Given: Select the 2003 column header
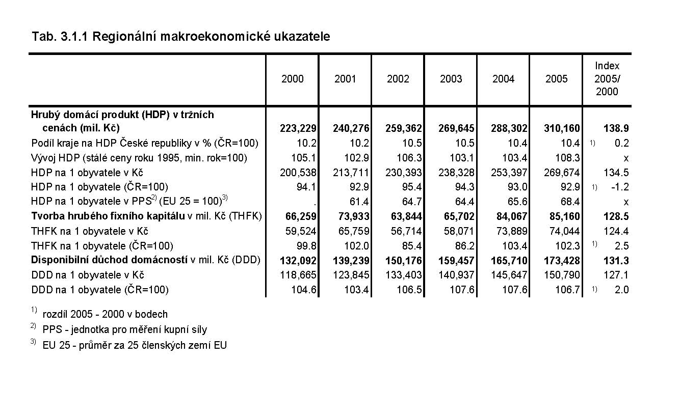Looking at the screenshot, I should tap(451, 79).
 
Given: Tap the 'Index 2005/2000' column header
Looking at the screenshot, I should tap(607, 79).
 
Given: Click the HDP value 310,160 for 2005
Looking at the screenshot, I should tap(562, 128).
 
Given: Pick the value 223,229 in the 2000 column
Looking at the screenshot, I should tap(298, 128).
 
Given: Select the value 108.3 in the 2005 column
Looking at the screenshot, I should tap(569, 158).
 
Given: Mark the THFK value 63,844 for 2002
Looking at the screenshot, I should tap(404, 216).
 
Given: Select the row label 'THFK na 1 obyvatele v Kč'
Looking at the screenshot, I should tap(90, 231).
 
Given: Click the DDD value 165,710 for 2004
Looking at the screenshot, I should tap(509, 261).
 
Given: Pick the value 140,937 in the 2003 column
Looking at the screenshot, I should tap(457, 275).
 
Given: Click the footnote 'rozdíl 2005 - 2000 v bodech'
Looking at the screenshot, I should tap(105, 314).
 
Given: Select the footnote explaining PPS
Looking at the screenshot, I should tap(125, 329).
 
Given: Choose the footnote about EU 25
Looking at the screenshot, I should tap(135, 345).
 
